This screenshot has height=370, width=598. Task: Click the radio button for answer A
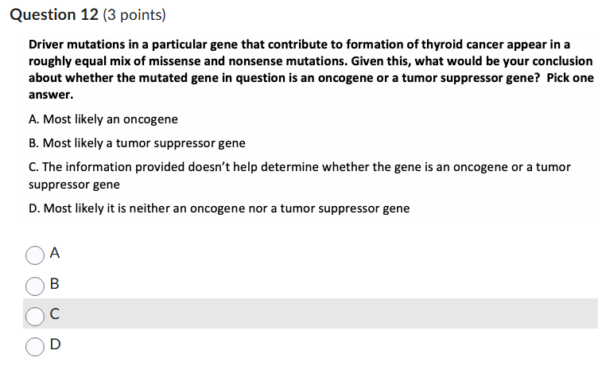[34, 255]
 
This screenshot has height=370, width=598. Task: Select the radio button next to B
[34, 285]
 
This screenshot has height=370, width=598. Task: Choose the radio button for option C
[34, 315]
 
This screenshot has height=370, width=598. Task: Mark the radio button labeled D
[34, 345]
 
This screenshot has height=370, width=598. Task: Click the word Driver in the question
[47, 44]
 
